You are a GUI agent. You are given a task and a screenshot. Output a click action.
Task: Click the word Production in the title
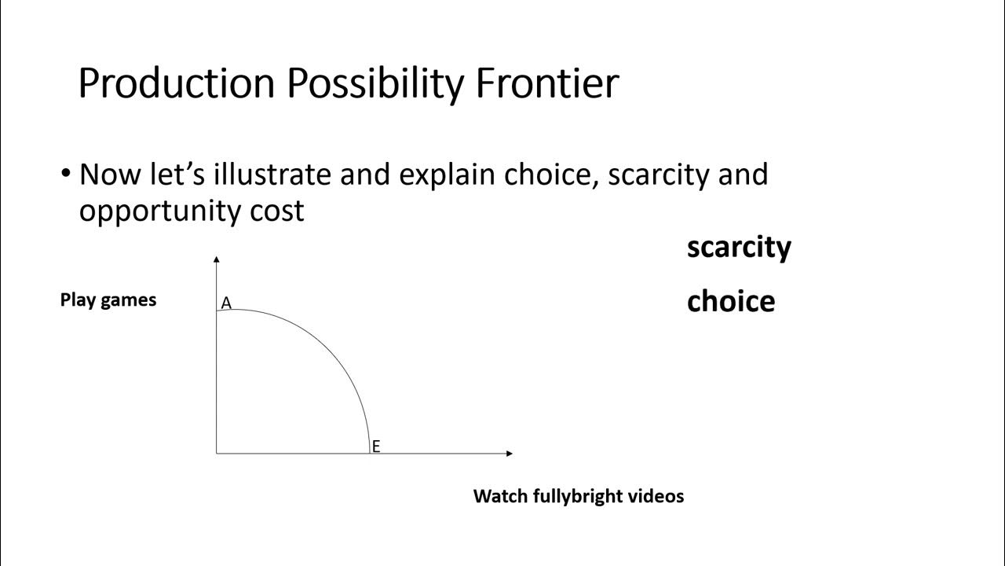tap(177, 83)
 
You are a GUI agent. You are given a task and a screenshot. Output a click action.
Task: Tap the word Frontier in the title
tap(547, 83)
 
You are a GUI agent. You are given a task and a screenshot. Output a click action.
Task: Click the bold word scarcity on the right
tap(739, 247)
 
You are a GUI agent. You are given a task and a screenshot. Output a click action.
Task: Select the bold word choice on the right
tap(730, 301)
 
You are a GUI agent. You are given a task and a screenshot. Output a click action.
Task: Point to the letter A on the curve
tap(226, 303)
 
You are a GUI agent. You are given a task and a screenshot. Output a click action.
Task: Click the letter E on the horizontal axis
tap(376, 447)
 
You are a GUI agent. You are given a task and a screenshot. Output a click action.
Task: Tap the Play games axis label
tap(108, 300)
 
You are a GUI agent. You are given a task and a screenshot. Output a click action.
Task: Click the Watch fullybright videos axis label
tap(579, 496)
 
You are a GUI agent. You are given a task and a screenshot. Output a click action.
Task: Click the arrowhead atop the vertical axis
tap(217, 258)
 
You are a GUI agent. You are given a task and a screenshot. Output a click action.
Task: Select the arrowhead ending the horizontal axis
tap(510, 454)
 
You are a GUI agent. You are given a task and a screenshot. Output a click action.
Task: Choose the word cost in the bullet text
tap(279, 211)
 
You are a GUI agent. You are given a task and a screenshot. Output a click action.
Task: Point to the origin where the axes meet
tap(217, 454)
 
